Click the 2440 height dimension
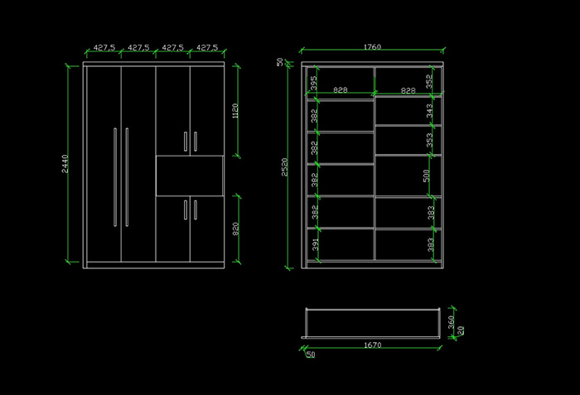(65, 163)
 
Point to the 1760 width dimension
(373, 47)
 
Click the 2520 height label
(285, 166)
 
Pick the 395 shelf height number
(313, 83)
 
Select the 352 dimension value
(429, 80)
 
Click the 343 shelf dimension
(429, 110)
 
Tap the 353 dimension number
(429, 141)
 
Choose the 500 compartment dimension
(428, 176)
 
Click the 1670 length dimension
(373, 345)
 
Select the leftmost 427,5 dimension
(104, 48)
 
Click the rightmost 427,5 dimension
(205, 48)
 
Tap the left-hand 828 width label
(340, 89)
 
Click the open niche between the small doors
(190, 176)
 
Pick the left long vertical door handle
(114, 176)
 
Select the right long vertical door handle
(127, 176)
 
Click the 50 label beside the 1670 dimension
(311, 354)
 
